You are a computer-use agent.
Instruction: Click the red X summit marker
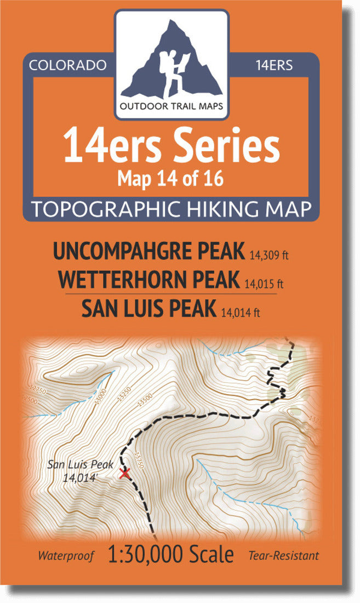coord(124,473)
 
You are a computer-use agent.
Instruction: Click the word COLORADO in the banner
coord(68,65)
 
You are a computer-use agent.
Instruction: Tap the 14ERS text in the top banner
coord(274,65)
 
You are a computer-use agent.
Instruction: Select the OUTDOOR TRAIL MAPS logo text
coord(172,106)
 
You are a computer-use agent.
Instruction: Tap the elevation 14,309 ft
coord(268,254)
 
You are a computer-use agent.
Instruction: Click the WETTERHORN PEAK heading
coord(148,280)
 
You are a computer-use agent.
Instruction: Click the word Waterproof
coord(66,556)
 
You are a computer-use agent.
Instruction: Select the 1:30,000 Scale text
coord(171,554)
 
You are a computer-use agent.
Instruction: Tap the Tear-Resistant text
coord(283,556)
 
